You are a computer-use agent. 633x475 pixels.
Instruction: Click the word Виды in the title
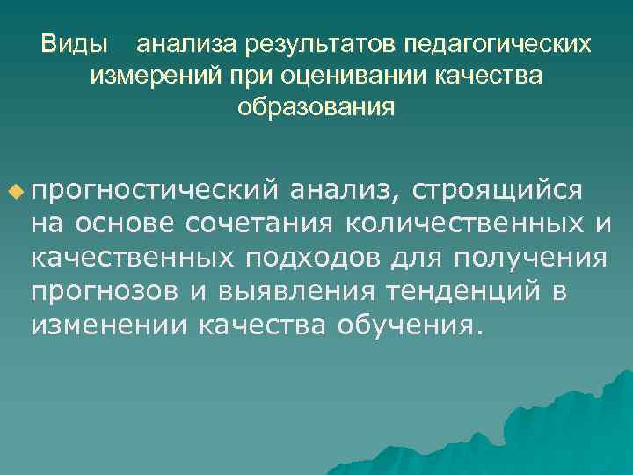coord(75,43)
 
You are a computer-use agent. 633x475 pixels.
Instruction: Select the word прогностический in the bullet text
coord(155,190)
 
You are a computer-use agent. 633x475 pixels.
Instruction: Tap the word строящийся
coord(497,190)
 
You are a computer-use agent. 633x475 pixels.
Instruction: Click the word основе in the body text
coord(127,224)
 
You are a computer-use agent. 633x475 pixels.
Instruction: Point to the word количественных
coord(460,224)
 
